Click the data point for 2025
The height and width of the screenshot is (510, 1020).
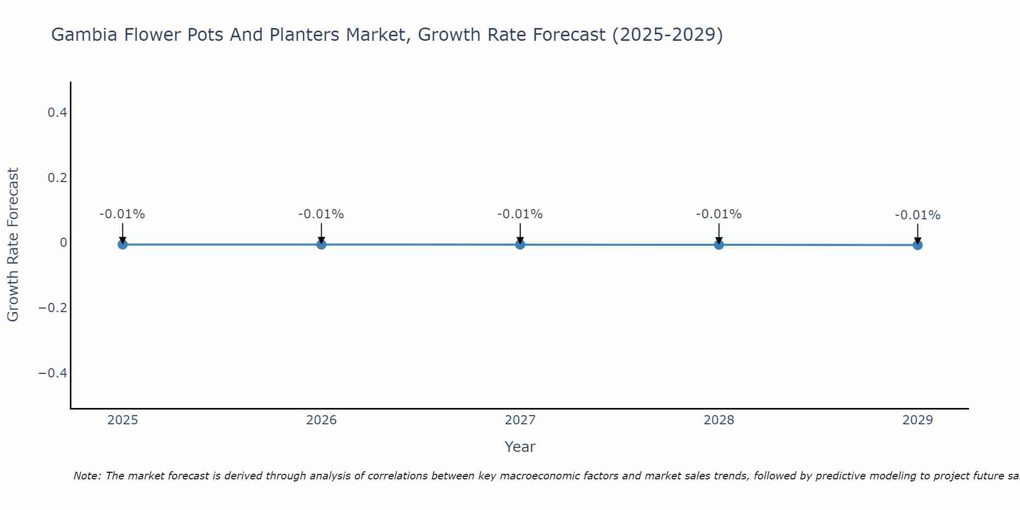click(x=122, y=244)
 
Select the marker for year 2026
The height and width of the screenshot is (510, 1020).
click(x=321, y=244)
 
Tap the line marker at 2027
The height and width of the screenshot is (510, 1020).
click(x=520, y=244)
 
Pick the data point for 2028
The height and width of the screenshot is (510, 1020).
click(x=719, y=244)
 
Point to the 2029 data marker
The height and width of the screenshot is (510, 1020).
click(x=917, y=245)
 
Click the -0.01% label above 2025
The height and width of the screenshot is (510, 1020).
click(x=122, y=214)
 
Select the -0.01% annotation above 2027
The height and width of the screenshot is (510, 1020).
click(x=520, y=214)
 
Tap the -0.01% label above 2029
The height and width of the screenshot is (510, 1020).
click(x=917, y=215)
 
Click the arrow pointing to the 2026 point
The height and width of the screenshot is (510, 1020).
click(x=321, y=232)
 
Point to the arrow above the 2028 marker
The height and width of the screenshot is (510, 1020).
click(x=719, y=232)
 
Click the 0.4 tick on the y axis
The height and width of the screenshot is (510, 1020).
click(x=57, y=112)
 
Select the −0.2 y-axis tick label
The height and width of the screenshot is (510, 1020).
click(x=53, y=308)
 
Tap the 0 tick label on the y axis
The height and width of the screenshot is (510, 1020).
click(x=63, y=243)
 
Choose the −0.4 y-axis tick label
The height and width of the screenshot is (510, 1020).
click(x=53, y=373)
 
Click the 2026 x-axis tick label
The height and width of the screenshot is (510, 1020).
click(x=321, y=420)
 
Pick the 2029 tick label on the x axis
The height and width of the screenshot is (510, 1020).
click(x=917, y=420)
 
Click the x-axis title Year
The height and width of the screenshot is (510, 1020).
click(x=520, y=447)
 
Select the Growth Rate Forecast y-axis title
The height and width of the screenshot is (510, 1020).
click(x=13, y=245)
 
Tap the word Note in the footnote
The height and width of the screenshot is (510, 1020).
click(x=87, y=476)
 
